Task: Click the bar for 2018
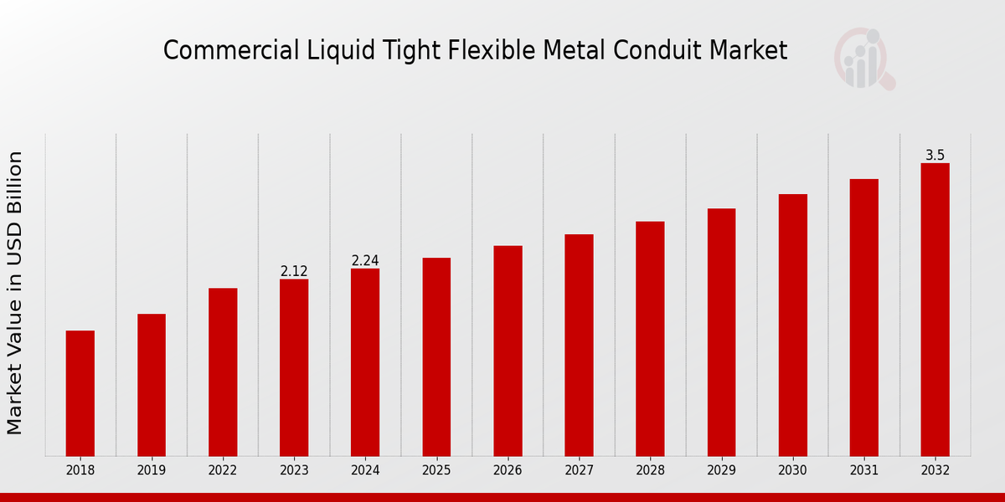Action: pyautogui.click(x=80, y=393)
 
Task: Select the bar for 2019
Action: pyautogui.click(x=152, y=385)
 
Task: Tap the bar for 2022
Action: pyautogui.click(x=223, y=372)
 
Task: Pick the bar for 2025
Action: pyautogui.click(x=436, y=357)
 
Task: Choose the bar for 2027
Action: pyautogui.click(x=579, y=346)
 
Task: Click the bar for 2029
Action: pyautogui.click(x=721, y=332)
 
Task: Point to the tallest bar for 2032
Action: pyautogui.click(x=935, y=310)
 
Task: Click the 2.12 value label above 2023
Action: pyautogui.click(x=294, y=271)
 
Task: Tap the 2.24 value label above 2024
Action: pyautogui.click(x=365, y=260)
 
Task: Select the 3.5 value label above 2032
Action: pyautogui.click(x=935, y=155)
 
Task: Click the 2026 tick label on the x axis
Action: pyautogui.click(x=508, y=470)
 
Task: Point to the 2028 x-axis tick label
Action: pyautogui.click(x=650, y=470)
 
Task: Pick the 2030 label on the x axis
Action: pyautogui.click(x=792, y=470)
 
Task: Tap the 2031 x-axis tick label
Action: pyautogui.click(x=863, y=470)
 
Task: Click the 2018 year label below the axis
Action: pyautogui.click(x=80, y=470)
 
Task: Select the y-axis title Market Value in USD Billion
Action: pyautogui.click(x=15, y=293)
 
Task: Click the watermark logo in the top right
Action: pyautogui.click(x=863, y=59)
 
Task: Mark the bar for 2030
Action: pyautogui.click(x=792, y=325)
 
